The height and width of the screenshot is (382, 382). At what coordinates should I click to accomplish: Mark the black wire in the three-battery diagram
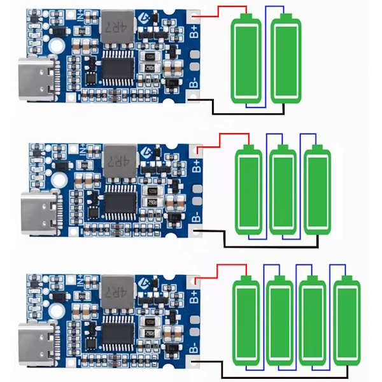(267, 245)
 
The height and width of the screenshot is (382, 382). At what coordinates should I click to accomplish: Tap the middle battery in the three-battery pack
(282, 191)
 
